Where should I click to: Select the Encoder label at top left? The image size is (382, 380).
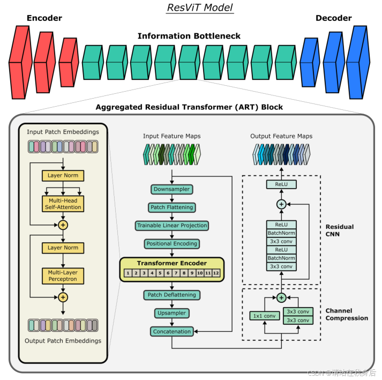pyautogui.click(x=44, y=18)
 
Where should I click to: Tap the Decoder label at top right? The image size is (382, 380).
pyautogui.click(x=333, y=18)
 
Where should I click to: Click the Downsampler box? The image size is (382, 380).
pyautogui.click(x=171, y=189)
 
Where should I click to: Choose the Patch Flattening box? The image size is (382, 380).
pyautogui.click(x=171, y=207)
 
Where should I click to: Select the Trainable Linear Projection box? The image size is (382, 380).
pyautogui.click(x=171, y=225)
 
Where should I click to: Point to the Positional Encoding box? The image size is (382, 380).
pyautogui.click(x=171, y=243)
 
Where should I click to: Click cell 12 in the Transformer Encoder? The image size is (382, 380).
pyautogui.click(x=216, y=273)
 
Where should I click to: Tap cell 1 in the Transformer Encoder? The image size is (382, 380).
pyautogui.click(x=129, y=273)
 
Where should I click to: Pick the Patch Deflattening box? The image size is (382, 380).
pyautogui.click(x=171, y=295)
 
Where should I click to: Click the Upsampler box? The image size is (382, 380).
pyautogui.click(x=171, y=312)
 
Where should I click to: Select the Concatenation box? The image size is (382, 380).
pyautogui.click(x=171, y=331)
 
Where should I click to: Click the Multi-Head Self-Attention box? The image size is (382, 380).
pyautogui.click(x=63, y=203)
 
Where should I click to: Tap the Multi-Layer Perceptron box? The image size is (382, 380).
pyautogui.click(x=63, y=275)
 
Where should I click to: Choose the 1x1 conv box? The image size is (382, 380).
pyautogui.click(x=264, y=316)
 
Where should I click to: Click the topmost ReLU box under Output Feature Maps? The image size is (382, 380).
pyautogui.click(x=281, y=184)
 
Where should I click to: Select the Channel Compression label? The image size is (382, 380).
pyautogui.click(x=347, y=315)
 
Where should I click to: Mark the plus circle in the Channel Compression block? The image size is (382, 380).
pyautogui.click(x=281, y=297)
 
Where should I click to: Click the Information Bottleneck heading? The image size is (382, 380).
pyautogui.click(x=189, y=36)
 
